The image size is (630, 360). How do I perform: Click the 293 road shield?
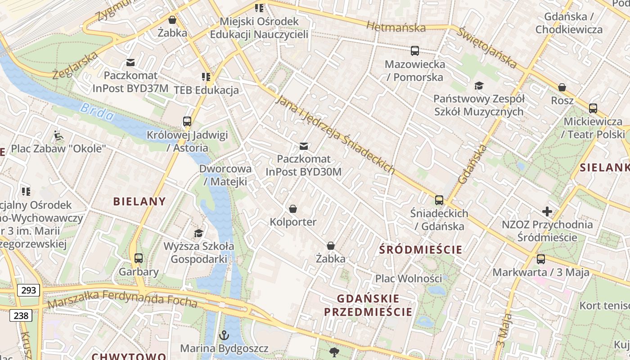coord(28,290)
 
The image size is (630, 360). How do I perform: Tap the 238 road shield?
coord(21,315)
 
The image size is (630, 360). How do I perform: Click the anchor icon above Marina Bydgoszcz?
coord(224,335)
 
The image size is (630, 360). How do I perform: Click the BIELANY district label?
coord(139,201)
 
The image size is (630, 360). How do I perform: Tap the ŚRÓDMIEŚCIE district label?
coord(421,249)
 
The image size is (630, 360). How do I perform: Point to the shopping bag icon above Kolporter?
coord(293,209)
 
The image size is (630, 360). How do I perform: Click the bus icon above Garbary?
coord(139,258)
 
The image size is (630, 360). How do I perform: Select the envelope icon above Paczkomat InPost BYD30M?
coord(304,146)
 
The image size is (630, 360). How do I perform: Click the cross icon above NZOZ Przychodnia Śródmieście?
coord(547,211)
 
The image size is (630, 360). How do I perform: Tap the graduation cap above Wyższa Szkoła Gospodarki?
coord(198,233)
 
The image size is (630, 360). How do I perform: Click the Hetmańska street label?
coord(396,27)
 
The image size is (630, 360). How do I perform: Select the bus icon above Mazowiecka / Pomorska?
coord(415,51)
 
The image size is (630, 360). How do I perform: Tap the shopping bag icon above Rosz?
coord(562,87)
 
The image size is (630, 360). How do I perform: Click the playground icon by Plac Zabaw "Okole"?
coord(58,135)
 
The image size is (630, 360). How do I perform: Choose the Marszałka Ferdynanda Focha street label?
coord(122,299)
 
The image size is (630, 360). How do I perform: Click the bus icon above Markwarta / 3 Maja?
coord(541,259)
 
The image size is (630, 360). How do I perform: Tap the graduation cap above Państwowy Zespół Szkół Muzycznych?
coord(479,85)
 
